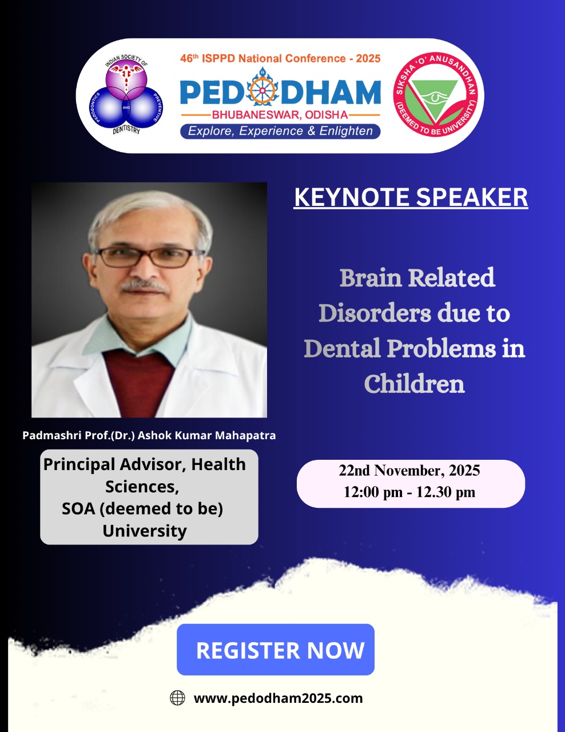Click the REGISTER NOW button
[x=276, y=650]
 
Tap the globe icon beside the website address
[x=177, y=698]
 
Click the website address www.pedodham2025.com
[x=278, y=698]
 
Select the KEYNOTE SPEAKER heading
[x=411, y=197]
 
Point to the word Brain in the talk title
[x=371, y=278]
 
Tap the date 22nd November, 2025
[x=409, y=470]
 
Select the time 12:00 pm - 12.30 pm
[x=409, y=492]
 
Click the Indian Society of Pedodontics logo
[x=126, y=95]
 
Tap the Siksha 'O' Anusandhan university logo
[x=436, y=94]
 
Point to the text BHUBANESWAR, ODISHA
[x=280, y=115]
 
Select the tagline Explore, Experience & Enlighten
[x=280, y=131]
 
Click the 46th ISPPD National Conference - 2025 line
[x=280, y=58]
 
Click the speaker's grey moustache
[x=144, y=286]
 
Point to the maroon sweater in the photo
[x=140, y=384]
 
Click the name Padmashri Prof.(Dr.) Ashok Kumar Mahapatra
[x=149, y=435]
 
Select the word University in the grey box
[x=145, y=531]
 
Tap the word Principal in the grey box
[x=79, y=465]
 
